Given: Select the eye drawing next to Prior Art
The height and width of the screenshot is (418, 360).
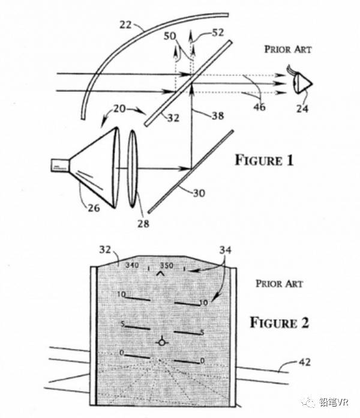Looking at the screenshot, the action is (302, 83).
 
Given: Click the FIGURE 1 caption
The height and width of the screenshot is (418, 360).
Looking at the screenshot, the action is (263, 160).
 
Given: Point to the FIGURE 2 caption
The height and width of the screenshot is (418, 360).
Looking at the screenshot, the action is (278, 323).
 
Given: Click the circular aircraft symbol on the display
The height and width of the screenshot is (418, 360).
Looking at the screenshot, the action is (161, 342).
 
